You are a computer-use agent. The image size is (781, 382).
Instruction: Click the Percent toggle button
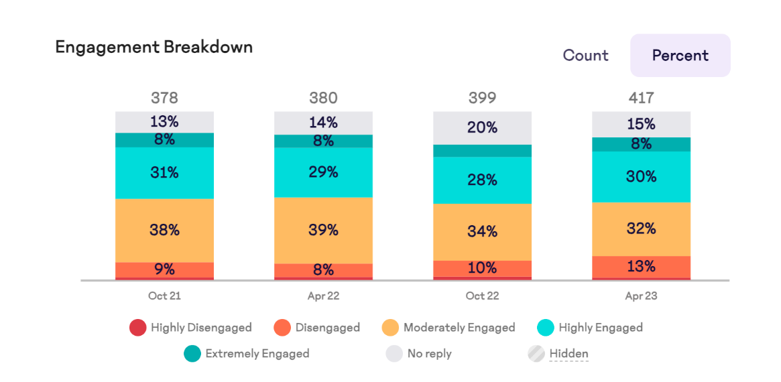point(680,56)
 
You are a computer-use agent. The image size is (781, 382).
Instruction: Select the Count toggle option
point(585,56)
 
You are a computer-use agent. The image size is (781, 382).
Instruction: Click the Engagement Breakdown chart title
point(154,47)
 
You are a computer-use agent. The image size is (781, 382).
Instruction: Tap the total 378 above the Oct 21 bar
point(164,98)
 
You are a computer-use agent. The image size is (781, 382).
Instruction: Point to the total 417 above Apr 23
point(641,98)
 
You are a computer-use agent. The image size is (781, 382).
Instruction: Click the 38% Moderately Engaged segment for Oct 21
point(164,230)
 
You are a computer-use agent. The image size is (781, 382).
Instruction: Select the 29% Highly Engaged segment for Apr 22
point(323,172)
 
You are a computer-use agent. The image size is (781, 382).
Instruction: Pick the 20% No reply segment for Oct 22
point(482,127)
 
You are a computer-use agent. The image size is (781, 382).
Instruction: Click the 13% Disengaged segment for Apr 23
point(641,267)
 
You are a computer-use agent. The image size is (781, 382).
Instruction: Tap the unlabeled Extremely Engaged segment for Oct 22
point(482,151)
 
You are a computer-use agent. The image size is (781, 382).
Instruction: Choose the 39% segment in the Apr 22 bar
point(323,230)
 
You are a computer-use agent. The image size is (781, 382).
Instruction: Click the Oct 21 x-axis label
point(164,296)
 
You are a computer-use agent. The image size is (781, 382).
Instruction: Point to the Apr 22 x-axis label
point(323,296)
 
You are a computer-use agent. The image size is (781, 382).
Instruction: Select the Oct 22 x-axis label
point(482,296)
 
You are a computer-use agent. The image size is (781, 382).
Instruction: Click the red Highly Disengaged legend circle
point(137,328)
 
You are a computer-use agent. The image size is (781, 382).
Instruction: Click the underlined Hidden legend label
point(568,353)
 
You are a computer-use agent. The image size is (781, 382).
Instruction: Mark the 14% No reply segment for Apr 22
point(323,123)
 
